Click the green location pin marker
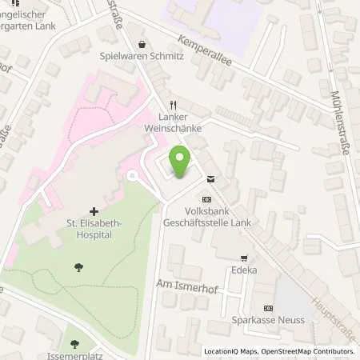181,162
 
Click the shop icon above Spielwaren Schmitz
142,45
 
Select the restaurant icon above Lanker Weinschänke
173,104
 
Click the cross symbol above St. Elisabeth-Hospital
94,211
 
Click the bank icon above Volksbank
206,198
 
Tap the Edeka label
244,270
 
